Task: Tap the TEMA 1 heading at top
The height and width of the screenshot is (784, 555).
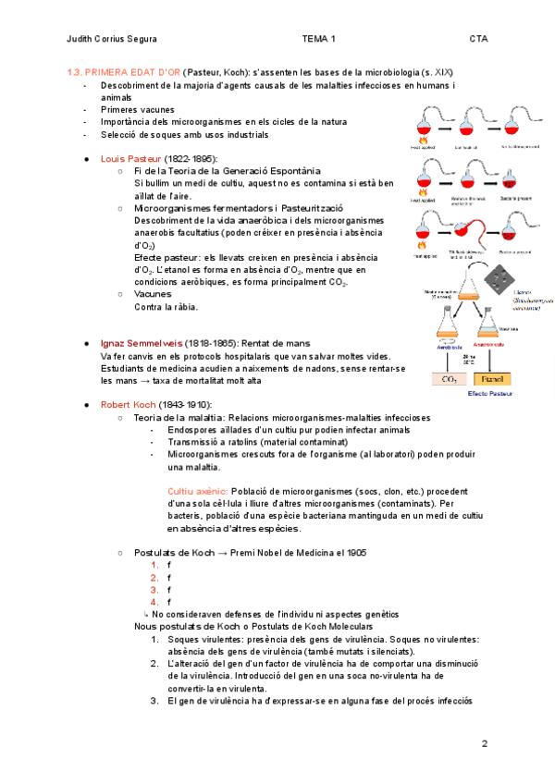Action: (318, 39)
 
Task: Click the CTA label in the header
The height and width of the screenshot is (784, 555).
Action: (478, 39)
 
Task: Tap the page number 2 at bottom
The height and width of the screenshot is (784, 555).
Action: (484, 743)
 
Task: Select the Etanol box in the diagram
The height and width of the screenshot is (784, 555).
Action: (490, 378)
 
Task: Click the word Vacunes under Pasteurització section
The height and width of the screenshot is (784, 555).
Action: (153, 293)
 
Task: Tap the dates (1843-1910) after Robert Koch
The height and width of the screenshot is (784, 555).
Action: (186, 405)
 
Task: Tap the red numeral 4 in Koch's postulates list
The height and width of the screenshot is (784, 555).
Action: (155, 602)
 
